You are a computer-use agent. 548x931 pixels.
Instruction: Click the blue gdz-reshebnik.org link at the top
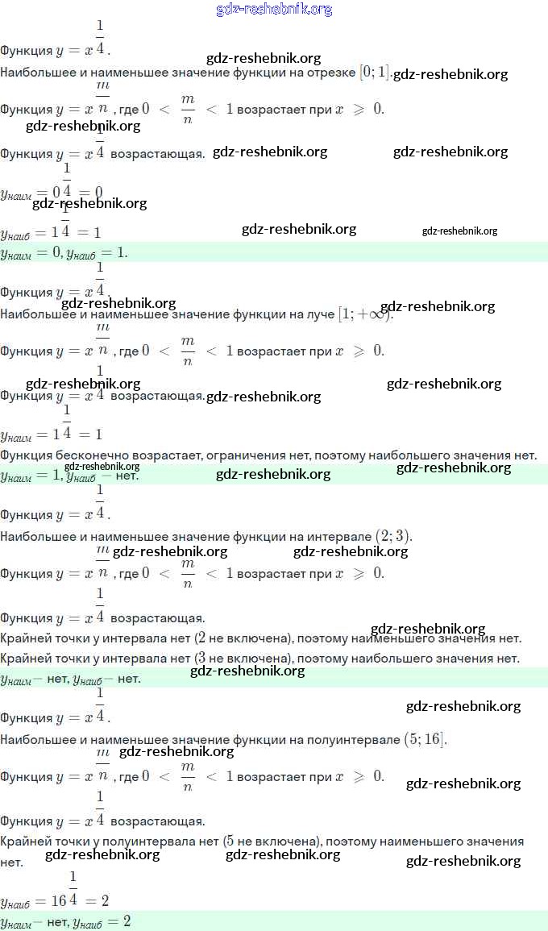(274, 10)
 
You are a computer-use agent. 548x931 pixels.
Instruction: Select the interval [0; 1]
(375, 72)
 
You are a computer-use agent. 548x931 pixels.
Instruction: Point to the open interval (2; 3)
(393, 536)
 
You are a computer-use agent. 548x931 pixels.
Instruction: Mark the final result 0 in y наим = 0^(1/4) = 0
(98, 192)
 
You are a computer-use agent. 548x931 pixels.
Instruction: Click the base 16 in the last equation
(59, 900)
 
